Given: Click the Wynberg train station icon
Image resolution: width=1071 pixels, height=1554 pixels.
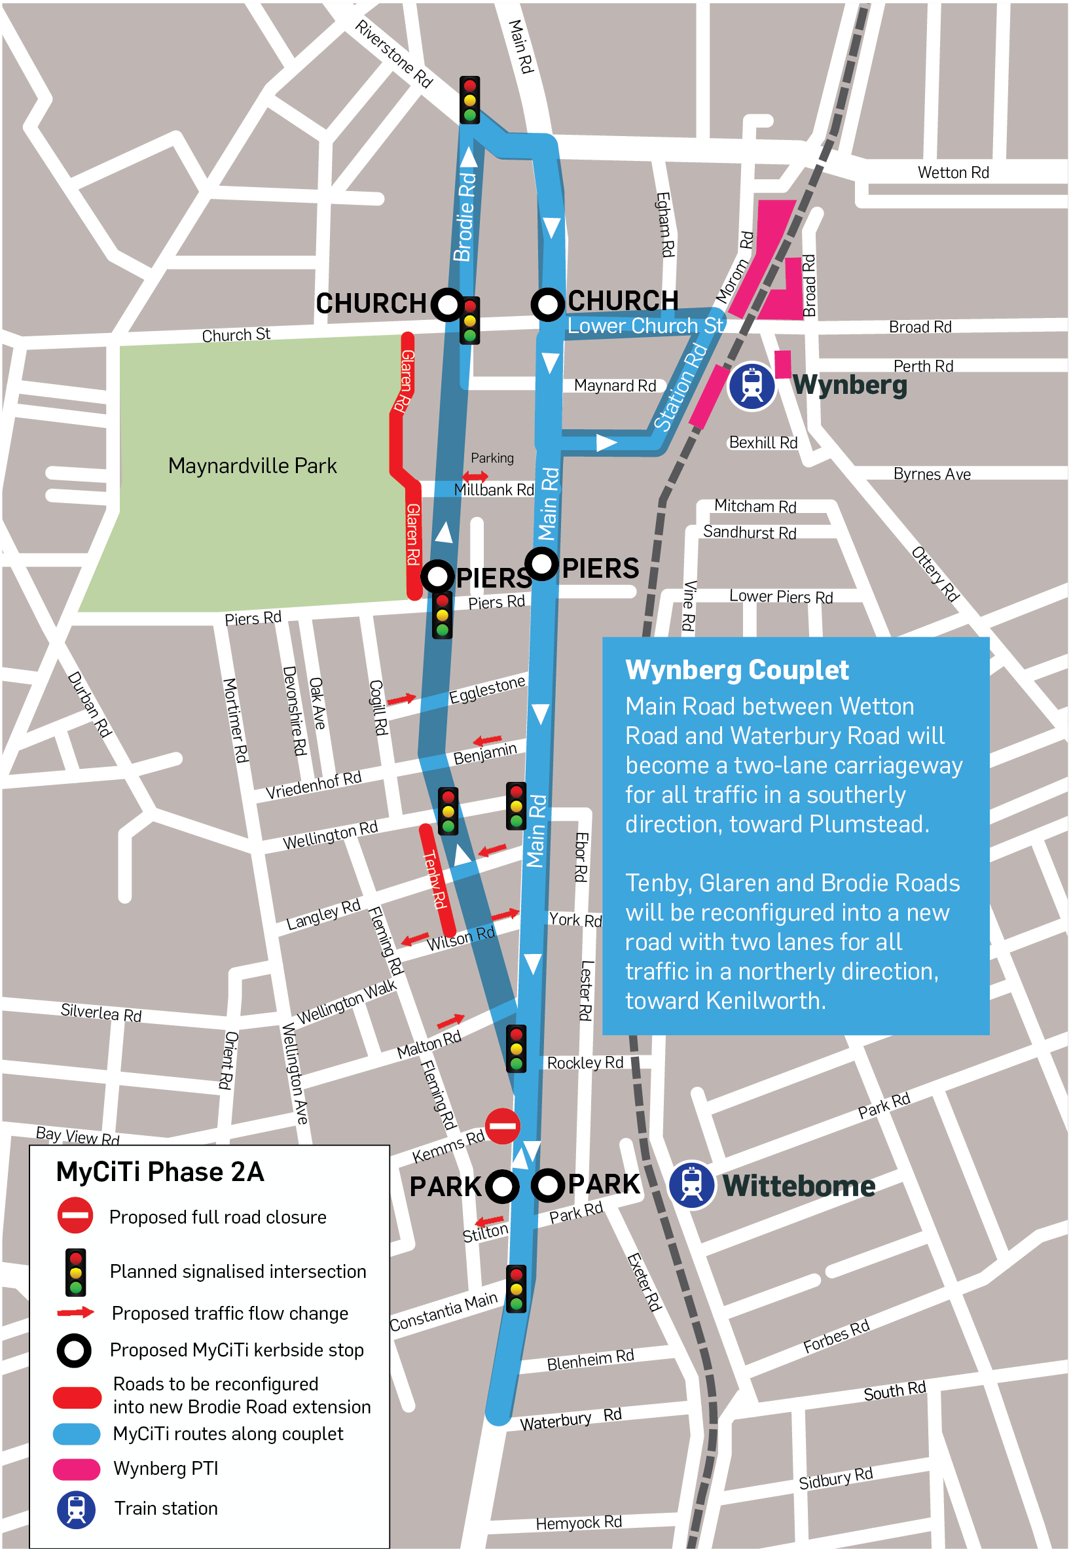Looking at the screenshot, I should click(x=752, y=386).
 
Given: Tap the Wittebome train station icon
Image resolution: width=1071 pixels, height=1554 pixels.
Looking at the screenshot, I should click(x=691, y=1185).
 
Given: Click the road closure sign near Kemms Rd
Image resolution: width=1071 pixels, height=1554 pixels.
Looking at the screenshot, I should click(x=502, y=1126).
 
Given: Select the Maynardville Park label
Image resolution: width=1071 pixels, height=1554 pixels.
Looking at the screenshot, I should click(x=252, y=465).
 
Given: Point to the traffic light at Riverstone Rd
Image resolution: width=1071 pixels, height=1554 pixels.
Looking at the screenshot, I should click(x=470, y=99).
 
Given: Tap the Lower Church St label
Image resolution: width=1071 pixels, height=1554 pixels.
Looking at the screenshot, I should click(x=645, y=326).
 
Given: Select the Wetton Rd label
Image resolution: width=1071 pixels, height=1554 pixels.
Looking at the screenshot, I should click(x=953, y=172).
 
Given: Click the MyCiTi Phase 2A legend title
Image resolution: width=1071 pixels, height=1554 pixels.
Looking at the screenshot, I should click(x=160, y=1172).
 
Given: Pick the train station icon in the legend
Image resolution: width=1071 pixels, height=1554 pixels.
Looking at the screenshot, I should click(x=76, y=1510).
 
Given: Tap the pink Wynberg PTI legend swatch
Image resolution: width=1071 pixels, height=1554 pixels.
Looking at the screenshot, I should click(x=77, y=1469).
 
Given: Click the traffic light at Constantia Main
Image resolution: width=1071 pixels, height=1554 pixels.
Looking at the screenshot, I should click(x=516, y=1289).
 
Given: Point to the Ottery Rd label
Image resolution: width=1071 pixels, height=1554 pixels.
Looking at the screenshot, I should click(x=935, y=574).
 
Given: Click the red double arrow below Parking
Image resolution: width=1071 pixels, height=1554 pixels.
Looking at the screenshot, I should click(x=475, y=477).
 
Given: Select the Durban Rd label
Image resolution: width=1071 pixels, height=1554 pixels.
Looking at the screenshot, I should click(x=88, y=705).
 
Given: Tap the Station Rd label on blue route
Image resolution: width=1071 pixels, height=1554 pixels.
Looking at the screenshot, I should click(x=680, y=387).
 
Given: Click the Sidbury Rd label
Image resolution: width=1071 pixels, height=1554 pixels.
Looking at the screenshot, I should click(x=835, y=1479).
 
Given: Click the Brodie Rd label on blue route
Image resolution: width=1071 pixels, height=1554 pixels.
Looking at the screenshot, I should click(x=464, y=216).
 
